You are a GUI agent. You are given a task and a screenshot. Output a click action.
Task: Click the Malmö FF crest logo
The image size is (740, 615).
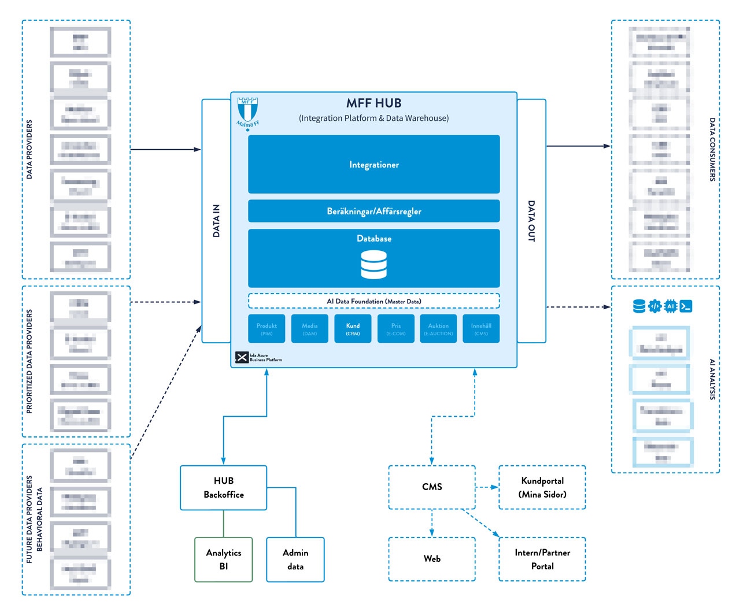click(x=247, y=112)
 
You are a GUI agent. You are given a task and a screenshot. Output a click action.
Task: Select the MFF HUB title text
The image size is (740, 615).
click(x=373, y=103)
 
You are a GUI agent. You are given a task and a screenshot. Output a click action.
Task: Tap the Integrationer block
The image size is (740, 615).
click(x=373, y=164)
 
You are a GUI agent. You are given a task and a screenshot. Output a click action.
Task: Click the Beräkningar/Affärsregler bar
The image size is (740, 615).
click(x=373, y=211)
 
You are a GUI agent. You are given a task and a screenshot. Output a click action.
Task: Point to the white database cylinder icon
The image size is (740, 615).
click(x=373, y=265)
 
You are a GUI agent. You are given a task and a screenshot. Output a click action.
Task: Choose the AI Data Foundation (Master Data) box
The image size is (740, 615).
click(x=373, y=301)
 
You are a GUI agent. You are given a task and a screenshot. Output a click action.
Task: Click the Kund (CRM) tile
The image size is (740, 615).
click(x=353, y=328)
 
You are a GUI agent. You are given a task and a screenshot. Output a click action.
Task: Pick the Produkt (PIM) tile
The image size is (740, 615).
click(x=267, y=328)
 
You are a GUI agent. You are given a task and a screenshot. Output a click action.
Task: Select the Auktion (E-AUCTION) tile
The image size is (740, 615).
click(x=438, y=328)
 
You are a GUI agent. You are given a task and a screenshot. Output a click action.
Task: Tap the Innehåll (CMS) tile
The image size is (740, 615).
click(x=481, y=328)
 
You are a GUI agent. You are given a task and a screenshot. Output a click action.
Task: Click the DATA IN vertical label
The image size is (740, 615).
click(x=216, y=221)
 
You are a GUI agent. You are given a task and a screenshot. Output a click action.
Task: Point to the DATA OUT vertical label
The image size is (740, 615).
click(x=531, y=221)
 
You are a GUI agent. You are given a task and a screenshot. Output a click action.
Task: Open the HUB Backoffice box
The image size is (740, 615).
click(x=224, y=488)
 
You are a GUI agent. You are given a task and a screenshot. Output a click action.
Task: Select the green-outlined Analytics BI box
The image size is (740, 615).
click(x=224, y=560)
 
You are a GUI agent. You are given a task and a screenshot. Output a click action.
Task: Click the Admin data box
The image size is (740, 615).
click(x=295, y=560)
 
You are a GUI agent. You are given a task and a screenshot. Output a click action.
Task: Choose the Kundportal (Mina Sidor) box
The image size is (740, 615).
click(x=542, y=487)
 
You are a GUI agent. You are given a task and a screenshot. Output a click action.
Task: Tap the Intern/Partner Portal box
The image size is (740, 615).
click(x=542, y=559)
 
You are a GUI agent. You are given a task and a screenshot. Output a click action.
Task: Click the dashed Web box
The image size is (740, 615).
click(x=432, y=559)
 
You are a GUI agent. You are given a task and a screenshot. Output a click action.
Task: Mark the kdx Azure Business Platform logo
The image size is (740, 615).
click(x=258, y=357)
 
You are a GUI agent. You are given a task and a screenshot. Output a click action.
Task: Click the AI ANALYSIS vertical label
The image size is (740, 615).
click(x=712, y=379)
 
